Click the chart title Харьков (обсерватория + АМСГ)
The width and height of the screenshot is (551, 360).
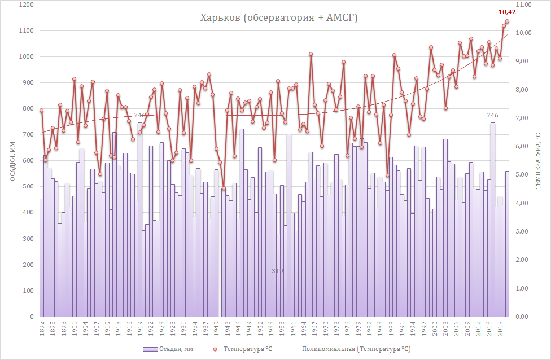(279, 18)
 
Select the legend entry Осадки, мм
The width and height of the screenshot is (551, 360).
(168, 349)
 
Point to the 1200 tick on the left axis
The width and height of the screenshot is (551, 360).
(27, 5)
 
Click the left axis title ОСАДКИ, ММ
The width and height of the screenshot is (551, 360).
(11, 161)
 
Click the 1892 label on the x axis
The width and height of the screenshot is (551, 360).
(42, 329)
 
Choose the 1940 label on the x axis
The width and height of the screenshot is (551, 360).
(217, 329)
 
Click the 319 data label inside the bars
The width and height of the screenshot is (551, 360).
(277, 271)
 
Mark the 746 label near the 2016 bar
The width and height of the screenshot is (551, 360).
(492, 116)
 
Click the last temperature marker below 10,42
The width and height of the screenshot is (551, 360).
(507, 21)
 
